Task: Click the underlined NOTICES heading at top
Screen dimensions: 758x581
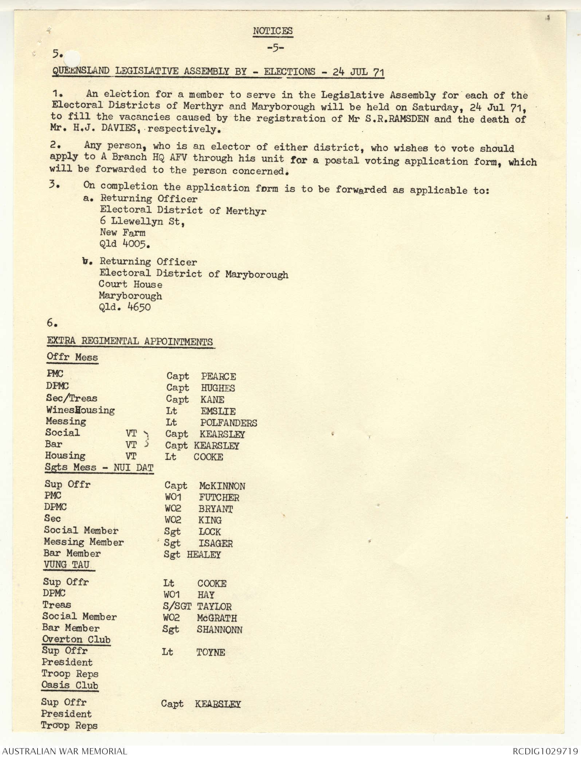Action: coord(272,31)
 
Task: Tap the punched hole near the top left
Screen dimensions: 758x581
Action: coord(75,57)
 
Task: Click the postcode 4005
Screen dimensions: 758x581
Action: coord(134,244)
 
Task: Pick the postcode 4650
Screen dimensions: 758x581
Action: coord(139,307)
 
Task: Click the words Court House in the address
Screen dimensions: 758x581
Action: coord(130,284)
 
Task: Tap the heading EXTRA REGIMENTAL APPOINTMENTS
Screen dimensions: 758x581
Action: coord(130,341)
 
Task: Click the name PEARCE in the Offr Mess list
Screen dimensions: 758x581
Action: coord(218,376)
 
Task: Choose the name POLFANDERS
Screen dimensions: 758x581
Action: coord(228,423)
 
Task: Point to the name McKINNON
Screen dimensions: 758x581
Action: coord(222,486)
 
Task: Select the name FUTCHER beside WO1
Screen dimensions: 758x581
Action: coord(219,497)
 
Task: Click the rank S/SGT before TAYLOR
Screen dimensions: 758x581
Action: coord(177,606)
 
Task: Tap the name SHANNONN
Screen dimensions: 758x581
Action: coord(219,629)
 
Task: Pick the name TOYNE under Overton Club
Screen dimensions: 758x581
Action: coord(211,652)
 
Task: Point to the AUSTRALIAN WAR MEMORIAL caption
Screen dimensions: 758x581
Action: coord(64,751)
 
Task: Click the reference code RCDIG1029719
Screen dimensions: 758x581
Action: coord(545,751)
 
